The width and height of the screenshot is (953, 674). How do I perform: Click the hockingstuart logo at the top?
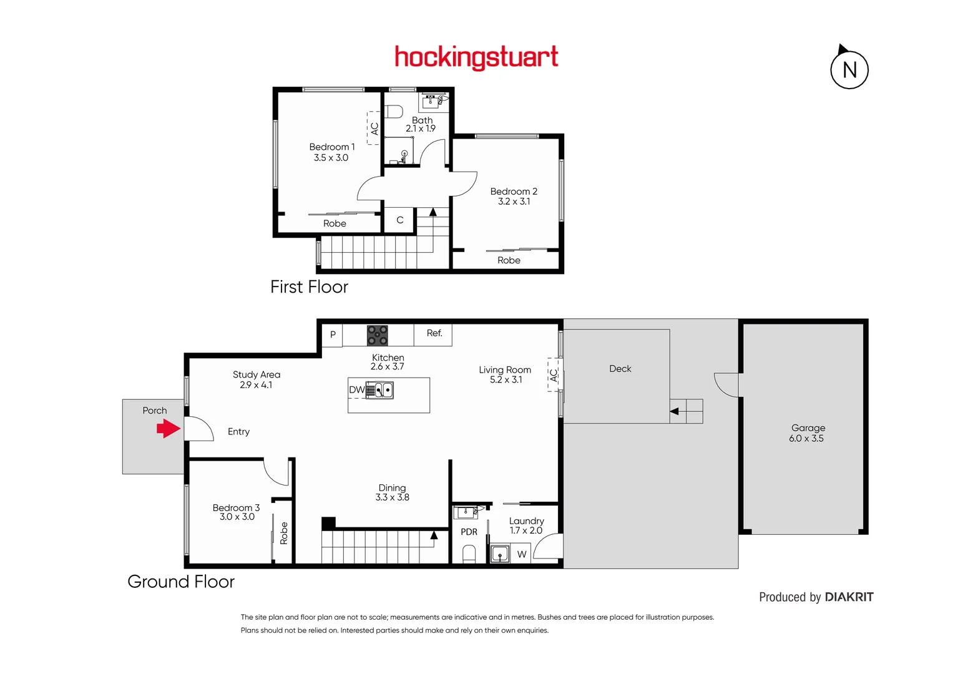pos(476,57)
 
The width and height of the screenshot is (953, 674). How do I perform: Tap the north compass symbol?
pos(849,69)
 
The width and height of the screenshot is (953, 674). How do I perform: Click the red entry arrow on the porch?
pos(168,429)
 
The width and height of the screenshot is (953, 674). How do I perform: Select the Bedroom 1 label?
pos(331,147)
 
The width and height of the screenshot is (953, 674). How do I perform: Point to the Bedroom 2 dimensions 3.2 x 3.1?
pos(514,202)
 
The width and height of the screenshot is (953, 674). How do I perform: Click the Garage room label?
pos(808,428)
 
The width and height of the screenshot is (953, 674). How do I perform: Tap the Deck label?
pos(620,369)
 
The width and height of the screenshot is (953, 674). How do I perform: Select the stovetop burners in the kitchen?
pos(377,335)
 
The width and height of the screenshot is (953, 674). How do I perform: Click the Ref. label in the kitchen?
pos(434,333)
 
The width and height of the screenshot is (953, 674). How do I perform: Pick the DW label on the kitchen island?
pos(356,390)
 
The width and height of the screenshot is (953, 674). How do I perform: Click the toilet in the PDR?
pos(469,554)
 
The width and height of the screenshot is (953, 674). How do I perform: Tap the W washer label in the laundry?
pos(522,554)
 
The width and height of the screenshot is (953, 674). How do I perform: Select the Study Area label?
pos(257,374)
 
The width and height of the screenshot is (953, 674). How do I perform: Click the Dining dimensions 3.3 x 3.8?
pos(392,497)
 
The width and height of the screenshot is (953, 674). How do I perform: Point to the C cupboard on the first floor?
pos(399,220)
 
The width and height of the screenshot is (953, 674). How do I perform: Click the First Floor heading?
pos(309,287)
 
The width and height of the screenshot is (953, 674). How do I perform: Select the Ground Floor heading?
pos(181,582)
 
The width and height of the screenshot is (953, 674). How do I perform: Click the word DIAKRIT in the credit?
pos(849,597)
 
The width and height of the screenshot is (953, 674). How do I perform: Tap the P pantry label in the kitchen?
pos(333,335)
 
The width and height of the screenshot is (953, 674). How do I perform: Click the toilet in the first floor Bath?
pos(394,112)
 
